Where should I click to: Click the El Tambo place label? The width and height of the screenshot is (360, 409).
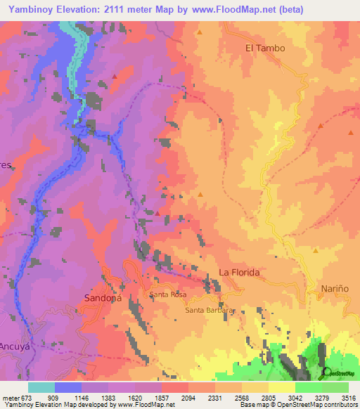pyautogui.click(x=265, y=48)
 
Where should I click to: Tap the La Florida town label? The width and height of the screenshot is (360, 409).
pyautogui.click(x=240, y=272)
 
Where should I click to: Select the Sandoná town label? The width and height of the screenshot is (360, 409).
pyautogui.click(x=103, y=297)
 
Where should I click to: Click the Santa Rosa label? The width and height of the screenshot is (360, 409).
pyautogui.click(x=166, y=296)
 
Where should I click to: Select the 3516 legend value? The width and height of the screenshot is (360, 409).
pyautogui.click(x=347, y=397)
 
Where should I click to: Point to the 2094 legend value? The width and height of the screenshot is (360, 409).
pyautogui.click(x=188, y=397)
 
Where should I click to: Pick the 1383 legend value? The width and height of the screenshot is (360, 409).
pyautogui.click(x=108, y=397)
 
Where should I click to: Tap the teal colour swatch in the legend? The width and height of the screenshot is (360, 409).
pyautogui.click(x=41, y=387)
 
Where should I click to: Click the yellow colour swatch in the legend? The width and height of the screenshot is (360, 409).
pyautogui.click(x=281, y=387)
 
